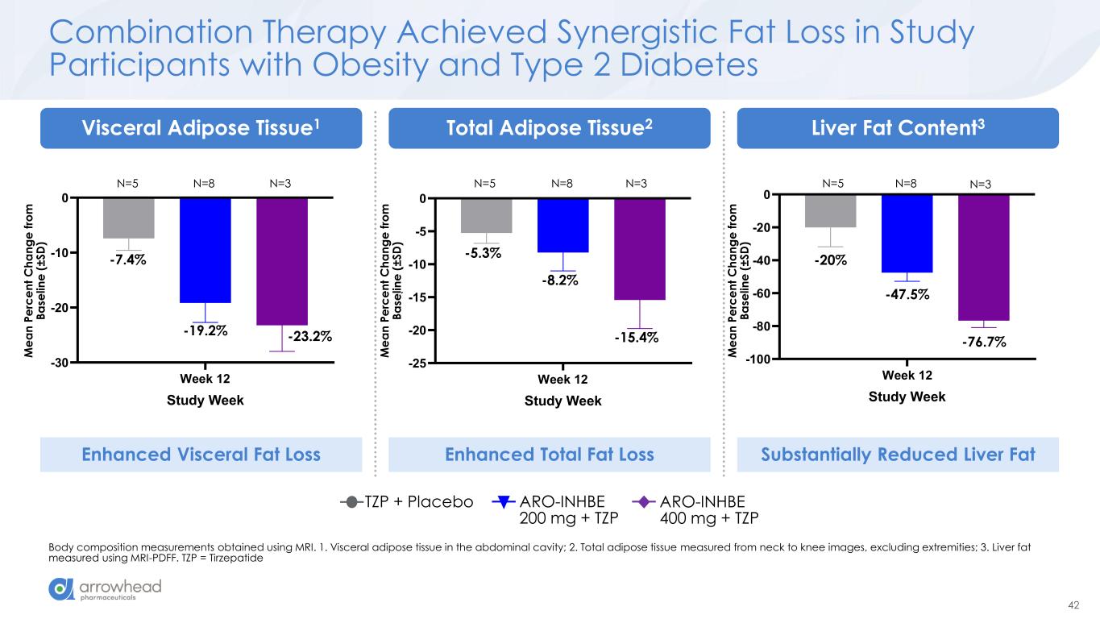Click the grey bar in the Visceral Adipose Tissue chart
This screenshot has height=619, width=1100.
click(128, 218)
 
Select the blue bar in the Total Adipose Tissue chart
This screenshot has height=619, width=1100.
click(562, 226)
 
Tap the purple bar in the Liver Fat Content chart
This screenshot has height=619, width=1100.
click(983, 257)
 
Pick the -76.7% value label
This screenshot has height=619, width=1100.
click(983, 343)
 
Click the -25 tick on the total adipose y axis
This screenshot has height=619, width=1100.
click(417, 364)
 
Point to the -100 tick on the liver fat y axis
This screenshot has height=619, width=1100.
click(754, 359)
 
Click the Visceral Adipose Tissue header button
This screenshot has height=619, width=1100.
click(201, 128)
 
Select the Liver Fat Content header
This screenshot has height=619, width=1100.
click(898, 128)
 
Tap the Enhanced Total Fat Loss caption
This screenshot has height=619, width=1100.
click(550, 455)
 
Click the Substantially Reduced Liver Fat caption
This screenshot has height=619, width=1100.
click(898, 455)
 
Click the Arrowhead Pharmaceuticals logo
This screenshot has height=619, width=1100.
click(106, 589)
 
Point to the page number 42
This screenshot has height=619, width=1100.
click(1073, 605)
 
